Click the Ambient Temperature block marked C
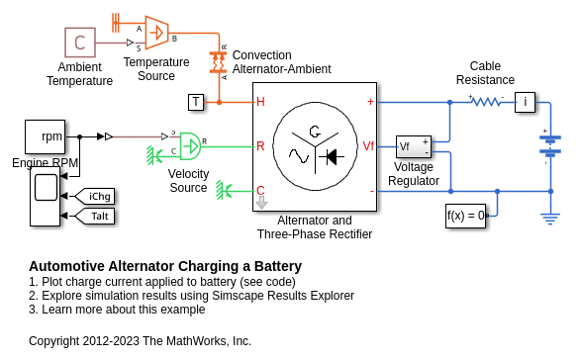[x=80, y=43]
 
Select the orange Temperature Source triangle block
[x=156, y=33]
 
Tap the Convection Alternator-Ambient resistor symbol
[x=218, y=62]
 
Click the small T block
[x=196, y=102]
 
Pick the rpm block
[x=46, y=136]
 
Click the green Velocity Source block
[x=190, y=146]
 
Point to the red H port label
[x=260, y=102]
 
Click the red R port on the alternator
[x=260, y=146]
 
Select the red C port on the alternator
[x=260, y=190]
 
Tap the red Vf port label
[x=368, y=146]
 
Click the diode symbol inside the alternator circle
[x=332, y=157]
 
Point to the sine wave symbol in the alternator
[x=299, y=156]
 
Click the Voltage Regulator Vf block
[x=414, y=146]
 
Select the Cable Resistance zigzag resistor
[x=486, y=102]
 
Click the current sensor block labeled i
[x=525, y=102]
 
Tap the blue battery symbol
[x=550, y=144]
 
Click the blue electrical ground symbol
[x=550, y=219]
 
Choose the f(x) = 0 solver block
[x=466, y=216]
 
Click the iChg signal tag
[x=95, y=196]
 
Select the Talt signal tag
[x=95, y=216]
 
